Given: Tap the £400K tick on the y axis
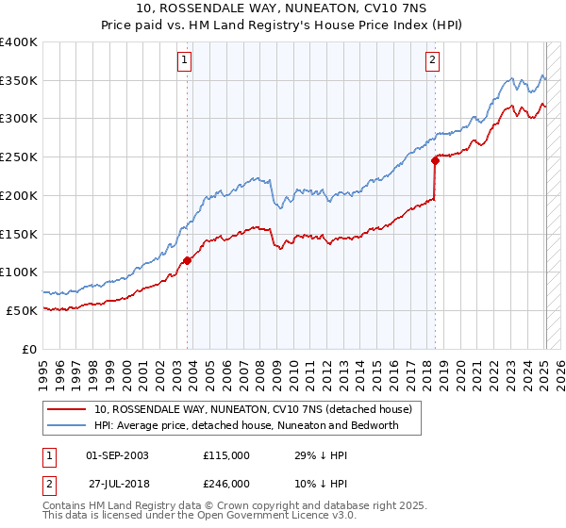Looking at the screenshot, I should [x=20, y=42].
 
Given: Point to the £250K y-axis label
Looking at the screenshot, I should [x=20, y=157].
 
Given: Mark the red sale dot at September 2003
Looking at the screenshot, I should [x=188, y=260].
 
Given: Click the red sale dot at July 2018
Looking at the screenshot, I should [x=435, y=160].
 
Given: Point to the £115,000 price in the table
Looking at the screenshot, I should [x=226, y=454].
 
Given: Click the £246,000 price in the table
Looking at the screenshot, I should [x=226, y=483].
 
